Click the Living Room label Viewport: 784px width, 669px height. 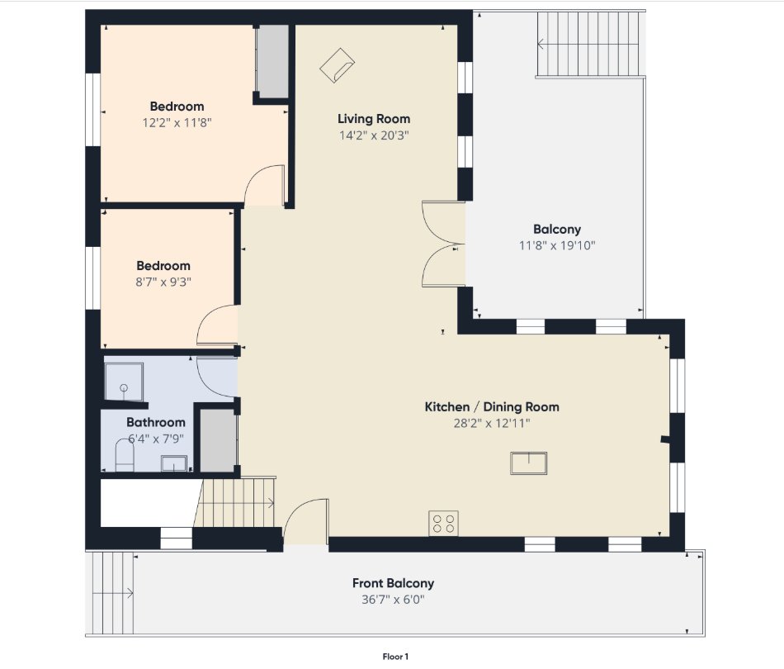click(x=374, y=119)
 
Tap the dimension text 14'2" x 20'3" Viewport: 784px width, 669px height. click(x=374, y=135)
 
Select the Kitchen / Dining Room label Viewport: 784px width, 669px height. click(x=492, y=407)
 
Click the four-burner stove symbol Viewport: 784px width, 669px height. click(x=443, y=523)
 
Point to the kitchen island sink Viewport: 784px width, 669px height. click(x=528, y=463)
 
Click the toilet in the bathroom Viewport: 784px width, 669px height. click(x=125, y=455)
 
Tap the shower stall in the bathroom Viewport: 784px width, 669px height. click(x=124, y=382)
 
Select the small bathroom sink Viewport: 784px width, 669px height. click(x=173, y=463)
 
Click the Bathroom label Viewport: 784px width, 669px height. click(x=155, y=422)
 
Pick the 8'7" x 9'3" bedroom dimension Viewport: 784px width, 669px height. click(x=163, y=282)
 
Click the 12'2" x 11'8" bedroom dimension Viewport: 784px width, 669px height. click(x=177, y=122)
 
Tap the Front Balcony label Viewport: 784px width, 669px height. click(x=393, y=583)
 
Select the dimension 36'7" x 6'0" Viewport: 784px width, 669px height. click(x=393, y=600)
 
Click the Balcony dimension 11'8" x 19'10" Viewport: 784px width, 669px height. click(x=557, y=245)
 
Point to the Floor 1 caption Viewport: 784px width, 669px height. click(x=395, y=657)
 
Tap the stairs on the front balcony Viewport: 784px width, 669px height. click(x=113, y=594)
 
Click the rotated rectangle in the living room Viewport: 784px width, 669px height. click(x=338, y=65)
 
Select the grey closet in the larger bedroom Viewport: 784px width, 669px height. click(x=272, y=62)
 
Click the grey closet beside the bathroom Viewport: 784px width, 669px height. click(x=218, y=440)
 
